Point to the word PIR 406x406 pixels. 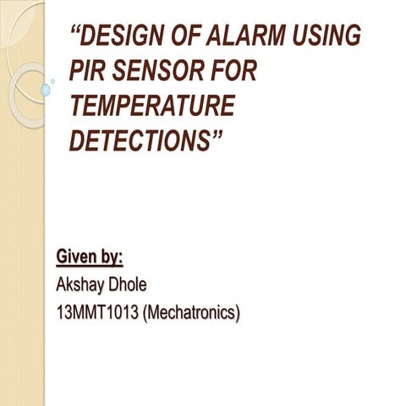[x=90, y=71]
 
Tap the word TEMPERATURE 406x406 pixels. [x=151, y=107]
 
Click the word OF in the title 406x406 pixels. [x=198, y=36]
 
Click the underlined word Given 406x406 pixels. [x=77, y=255]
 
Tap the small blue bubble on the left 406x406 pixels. [x=46, y=89]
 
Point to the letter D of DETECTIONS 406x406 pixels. [x=77, y=141]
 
